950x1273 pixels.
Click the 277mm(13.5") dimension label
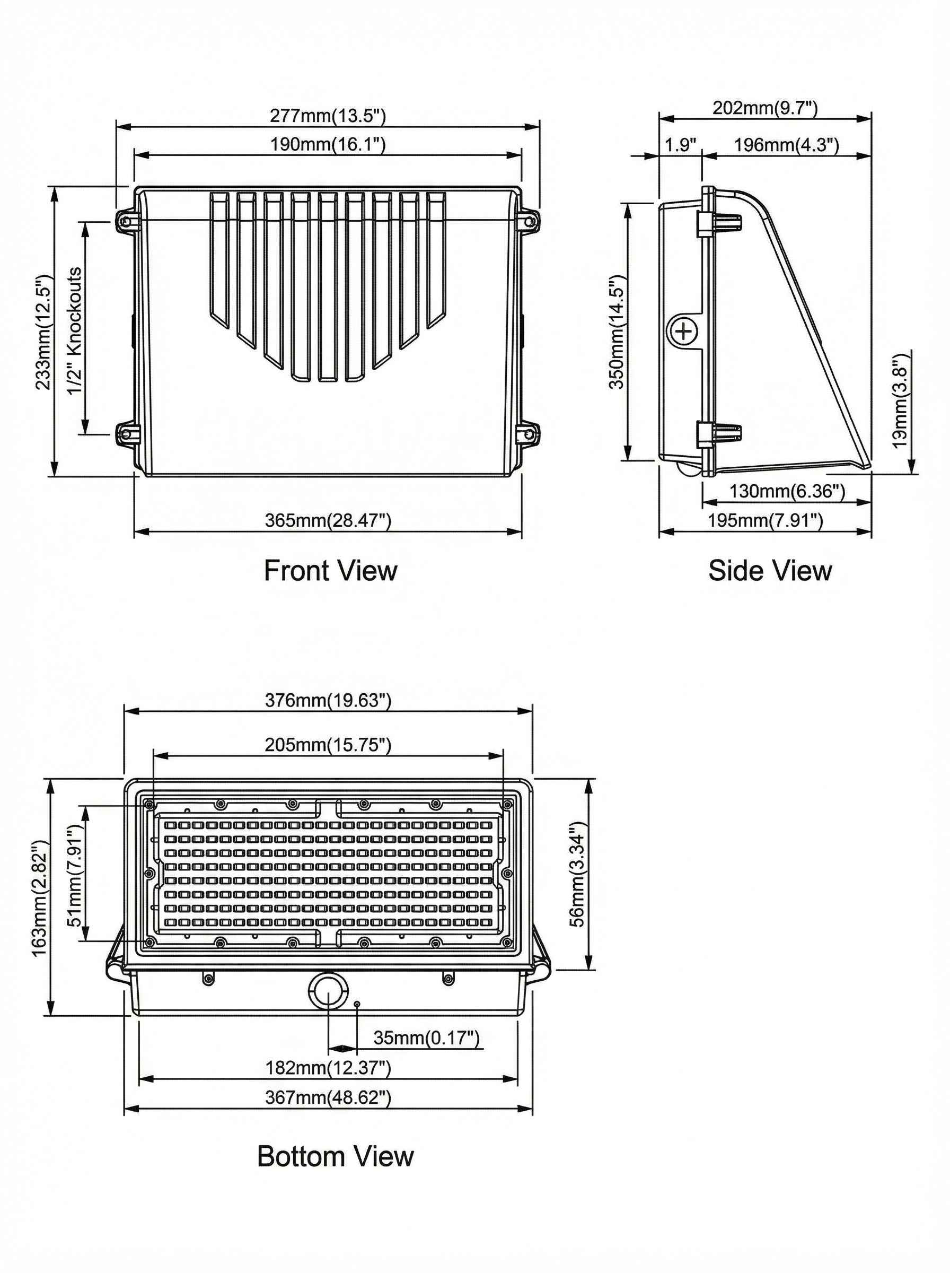pos(328,116)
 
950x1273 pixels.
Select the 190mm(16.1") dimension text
pos(328,144)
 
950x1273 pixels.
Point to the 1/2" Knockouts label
pos(75,331)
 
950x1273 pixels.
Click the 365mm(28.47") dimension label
pos(328,520)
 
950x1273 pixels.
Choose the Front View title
pos(330,571)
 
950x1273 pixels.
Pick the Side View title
pos(770,571)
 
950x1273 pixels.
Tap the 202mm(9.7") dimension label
pos(765,108)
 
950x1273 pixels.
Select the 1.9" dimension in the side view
pos(681,144)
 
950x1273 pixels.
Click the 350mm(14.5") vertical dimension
pos(617,332)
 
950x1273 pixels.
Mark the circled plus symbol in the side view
pos(684,331)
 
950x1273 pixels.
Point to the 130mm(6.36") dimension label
pos(787,491)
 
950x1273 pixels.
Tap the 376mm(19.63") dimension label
pos(328,700)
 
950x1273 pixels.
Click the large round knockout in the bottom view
pos(328,989)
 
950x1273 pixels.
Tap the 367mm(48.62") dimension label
pos(328,1097)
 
